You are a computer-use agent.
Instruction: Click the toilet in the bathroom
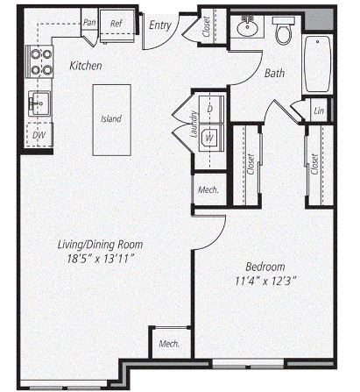pos(284,31)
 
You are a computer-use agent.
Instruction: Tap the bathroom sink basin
pos(247,27)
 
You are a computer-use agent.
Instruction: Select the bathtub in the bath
pos(317,64)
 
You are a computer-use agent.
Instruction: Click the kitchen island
pos(112,120)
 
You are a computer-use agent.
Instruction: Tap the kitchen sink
pos(39,103)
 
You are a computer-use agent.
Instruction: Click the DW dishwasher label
pos(39,135)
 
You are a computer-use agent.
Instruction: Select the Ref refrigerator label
pos(116,24)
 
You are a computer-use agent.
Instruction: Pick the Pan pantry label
pos(89,22)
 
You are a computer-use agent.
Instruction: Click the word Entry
pos(159,25)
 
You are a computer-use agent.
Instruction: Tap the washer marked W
pos(209,138)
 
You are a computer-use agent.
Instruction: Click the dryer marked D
pos(210,109)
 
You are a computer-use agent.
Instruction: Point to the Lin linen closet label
pos(319,110)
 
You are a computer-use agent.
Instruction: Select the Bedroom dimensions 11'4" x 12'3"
pos(266,282)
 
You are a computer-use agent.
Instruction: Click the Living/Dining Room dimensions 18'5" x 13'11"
pos(101,259)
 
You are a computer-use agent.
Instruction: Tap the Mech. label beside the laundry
pos(208,189)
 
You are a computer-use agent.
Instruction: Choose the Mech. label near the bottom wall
pos(169,344)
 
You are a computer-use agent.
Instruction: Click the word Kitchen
pos(86,66)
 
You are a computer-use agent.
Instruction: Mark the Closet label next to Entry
pos(207,27)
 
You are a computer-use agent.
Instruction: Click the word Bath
pos(274,73)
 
